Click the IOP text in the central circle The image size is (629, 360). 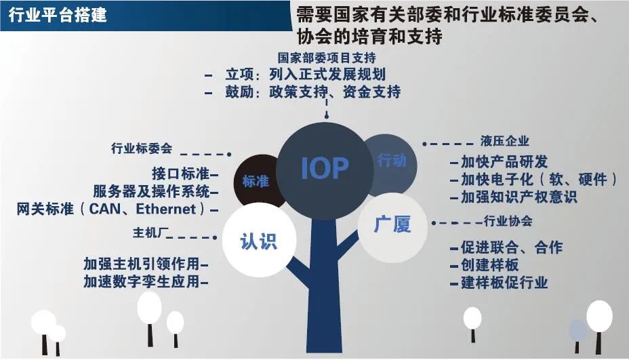325,168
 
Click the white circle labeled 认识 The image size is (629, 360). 259,240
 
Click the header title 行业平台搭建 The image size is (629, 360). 58,15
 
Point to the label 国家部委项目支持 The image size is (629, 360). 327,58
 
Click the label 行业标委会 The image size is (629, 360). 142,148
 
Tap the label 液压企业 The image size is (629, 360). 505,141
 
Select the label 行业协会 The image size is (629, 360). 508,221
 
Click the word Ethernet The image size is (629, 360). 165,209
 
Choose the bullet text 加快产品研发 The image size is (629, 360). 504,162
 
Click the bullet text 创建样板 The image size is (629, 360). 489,265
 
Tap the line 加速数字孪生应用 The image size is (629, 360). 142,282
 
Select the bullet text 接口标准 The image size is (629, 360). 180,174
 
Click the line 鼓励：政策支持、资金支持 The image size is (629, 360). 313,92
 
